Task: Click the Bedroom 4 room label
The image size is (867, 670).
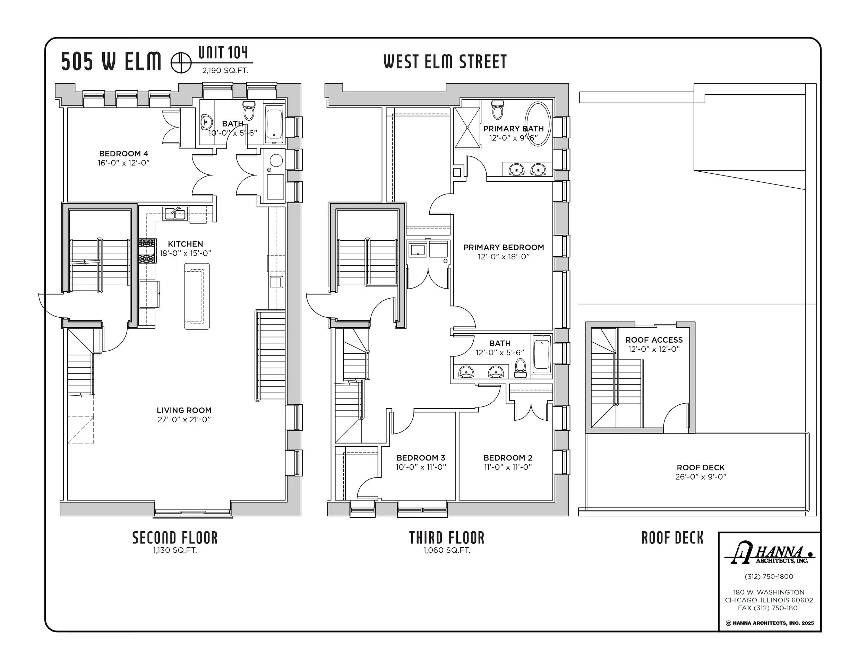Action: point(123,154)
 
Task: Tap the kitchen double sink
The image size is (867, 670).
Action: point(175,214)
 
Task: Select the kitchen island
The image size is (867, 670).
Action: point(197,296)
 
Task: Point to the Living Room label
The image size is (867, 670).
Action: point(184,410)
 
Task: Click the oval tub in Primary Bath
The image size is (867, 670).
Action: point(538,124)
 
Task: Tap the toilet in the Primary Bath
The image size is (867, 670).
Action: point(497,110)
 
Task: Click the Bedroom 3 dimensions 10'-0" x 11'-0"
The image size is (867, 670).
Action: point(421,467)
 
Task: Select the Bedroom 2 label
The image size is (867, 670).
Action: point(508,458)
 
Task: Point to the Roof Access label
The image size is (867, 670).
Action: point(654,340)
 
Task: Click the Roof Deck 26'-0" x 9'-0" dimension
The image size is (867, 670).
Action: point(701,477)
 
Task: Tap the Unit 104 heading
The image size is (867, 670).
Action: point(223,52)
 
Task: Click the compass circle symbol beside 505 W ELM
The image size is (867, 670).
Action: point(181,63)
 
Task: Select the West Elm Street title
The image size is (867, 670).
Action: point(445,62)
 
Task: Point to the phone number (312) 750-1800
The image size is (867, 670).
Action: point(769,576)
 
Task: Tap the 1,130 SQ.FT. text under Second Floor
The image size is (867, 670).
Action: point(175,550)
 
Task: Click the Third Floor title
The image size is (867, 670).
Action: point(447,538)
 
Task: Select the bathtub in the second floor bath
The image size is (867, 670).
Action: point(274,124)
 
